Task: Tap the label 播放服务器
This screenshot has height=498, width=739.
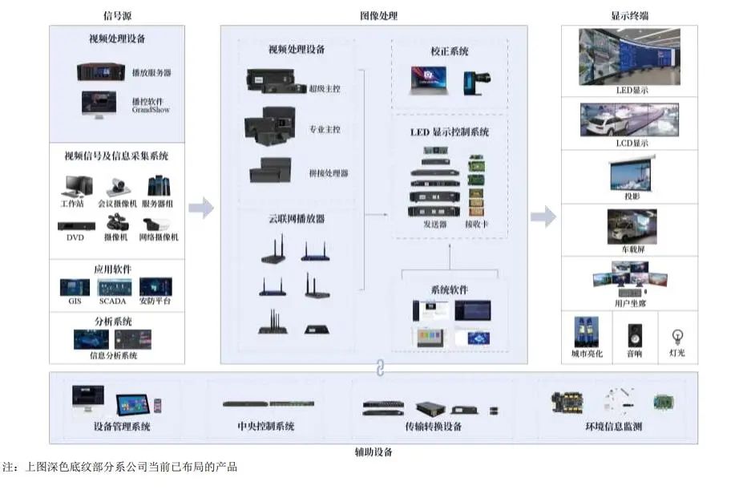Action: pyautogui.click(x=151, y=73)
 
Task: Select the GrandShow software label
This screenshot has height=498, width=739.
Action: pyautogui.click(x=151, y=110)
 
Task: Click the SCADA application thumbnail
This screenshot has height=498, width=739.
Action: pyautogui.click(x=112, y=286)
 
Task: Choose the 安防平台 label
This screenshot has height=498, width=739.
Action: pyautogui.click(x=155, y=301)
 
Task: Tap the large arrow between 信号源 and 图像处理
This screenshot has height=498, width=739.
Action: pyautogui.click(x=201, y=208)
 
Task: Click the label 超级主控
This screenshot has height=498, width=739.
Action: pyautogui.click(x=325, y=89)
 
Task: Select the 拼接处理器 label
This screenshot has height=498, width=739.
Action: pyautogui.click(x=329, y=173)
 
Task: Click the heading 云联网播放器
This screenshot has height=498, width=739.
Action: pyautogui.click(x=297, y=218)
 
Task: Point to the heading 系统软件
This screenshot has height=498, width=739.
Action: pyautogui.click(x=449, y=289)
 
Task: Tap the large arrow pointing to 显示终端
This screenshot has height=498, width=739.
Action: pyautogui.click(x=543, y=216)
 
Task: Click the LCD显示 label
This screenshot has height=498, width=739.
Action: pyautogui.click(x=631, y=144)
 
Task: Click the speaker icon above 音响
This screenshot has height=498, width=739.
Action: pyautogui.click(x=635, y=334)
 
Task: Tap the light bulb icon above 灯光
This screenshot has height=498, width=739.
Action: pyautogui.click(x=677, y=335)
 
